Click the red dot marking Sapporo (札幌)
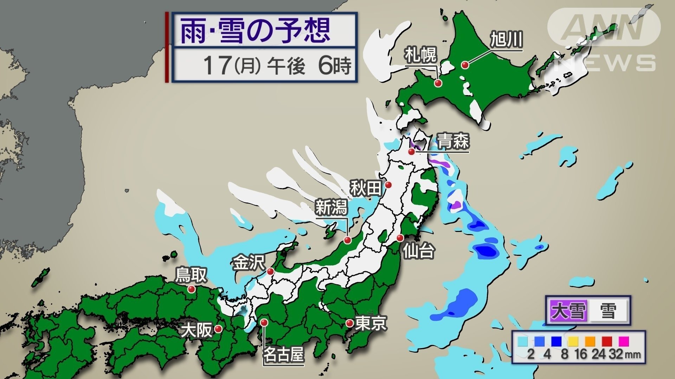pyautogui.click(x=438, y=83)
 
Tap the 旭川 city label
pyautogui.click(x=506, y=39)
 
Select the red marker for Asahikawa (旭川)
pyautogui.click(x=465, y=65)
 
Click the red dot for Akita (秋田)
pyautogui.click(x=388, y=185)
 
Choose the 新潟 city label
pyautogui.click(x=331, y=207)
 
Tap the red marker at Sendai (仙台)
pyautogui.click(x=400, y=238)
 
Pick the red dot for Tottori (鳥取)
pyautogui.click(x=191, y=289)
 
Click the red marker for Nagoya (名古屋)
pyautogui.click(x=264, y=322)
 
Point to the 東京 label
pyautogui.click(x=371, y=323)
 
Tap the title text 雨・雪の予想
pyautogui.click(x=256, y=31)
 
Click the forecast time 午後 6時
pyautogui.click(x=309, y=66)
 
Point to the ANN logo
pyautogui.click(x=604, y=27)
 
